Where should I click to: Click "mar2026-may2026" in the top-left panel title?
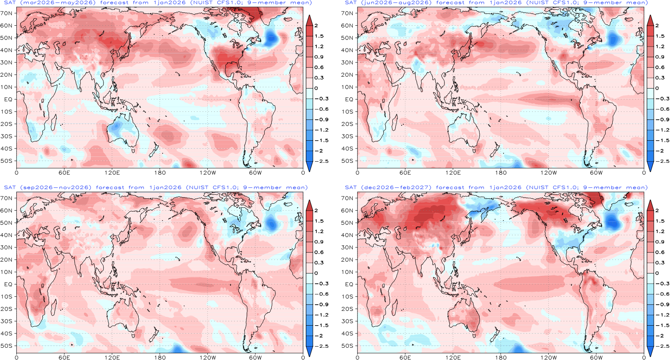(x=58, y=3)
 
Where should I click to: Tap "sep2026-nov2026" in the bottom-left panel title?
(x=56, y=187)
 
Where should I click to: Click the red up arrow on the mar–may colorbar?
(x=309, y=20)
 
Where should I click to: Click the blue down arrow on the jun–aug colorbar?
(x=650, y=166)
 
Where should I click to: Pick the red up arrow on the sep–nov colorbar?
(x=309, y=205)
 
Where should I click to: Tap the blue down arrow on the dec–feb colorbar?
(x=650, y=351)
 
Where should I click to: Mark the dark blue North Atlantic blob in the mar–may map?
(x=271, y=38)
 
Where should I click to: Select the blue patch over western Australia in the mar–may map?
(x=115, y=127)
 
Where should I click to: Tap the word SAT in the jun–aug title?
(x=350, y=3)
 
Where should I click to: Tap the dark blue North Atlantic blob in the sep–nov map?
(x=271, y=223)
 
